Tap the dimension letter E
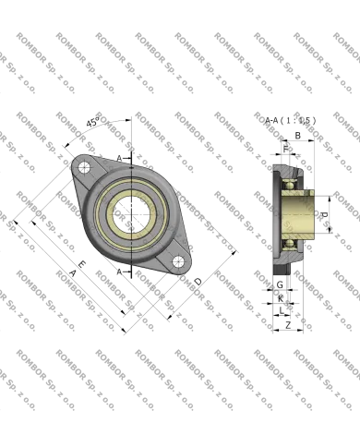click(x=83, y=263)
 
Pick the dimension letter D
click(x=197, y=280)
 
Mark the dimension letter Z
click(x=287, y=325)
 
